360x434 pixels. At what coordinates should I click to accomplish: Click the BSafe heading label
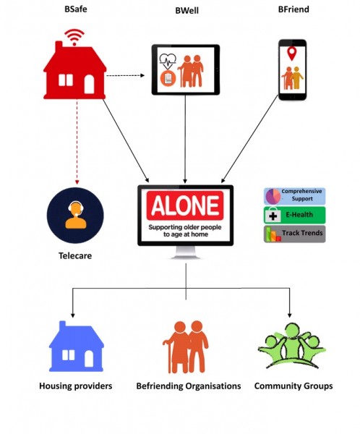point(75,9)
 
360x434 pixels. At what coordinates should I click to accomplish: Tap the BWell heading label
point(187,11)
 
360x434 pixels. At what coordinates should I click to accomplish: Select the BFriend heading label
point(293,9)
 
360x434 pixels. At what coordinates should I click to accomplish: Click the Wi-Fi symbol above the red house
point(74,37)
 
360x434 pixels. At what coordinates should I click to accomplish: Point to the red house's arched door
point(89,84)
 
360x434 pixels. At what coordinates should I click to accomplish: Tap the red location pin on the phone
point(291,54)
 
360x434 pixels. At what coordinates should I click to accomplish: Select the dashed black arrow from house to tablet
point(125,75)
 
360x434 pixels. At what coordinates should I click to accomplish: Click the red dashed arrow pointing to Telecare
point(77,142)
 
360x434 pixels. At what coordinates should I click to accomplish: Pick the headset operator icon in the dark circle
point(75,216)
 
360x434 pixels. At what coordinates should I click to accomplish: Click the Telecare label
point(75,255)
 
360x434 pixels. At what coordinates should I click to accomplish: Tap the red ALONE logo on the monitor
point(185,205)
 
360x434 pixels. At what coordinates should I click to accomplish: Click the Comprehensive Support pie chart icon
point(273,196)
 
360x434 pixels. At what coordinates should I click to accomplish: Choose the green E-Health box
point(294,215)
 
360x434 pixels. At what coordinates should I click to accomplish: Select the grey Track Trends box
point(294,234)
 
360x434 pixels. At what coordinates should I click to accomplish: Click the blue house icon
point(76,346)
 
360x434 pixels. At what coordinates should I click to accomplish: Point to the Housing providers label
point(75,386)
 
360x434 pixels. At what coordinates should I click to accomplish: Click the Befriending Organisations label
point(189,386)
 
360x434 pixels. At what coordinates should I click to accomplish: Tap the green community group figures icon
point(291,346)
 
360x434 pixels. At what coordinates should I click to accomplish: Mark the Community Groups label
point(293,386)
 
